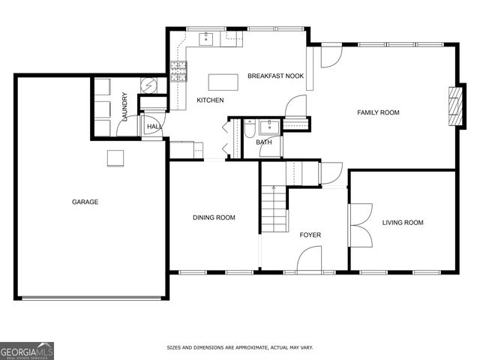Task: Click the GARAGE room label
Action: click(x=85, y=202)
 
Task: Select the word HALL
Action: click(x=154, y=127)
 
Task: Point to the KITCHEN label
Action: click(x=210, y=100)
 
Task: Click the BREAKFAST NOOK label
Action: click(x=275, y=76)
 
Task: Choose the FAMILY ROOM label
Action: click(x=378, y=112)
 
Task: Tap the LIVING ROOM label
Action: click(x=403, y=222)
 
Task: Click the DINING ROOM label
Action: click(x=214, y=217)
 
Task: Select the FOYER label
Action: click(x=310, y=235)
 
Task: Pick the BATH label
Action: click(x=264, y=142)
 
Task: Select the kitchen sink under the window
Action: click(x=205, y=38)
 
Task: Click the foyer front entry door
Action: click(x=310, y=262)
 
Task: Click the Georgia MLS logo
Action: click(x=27, y=350)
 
